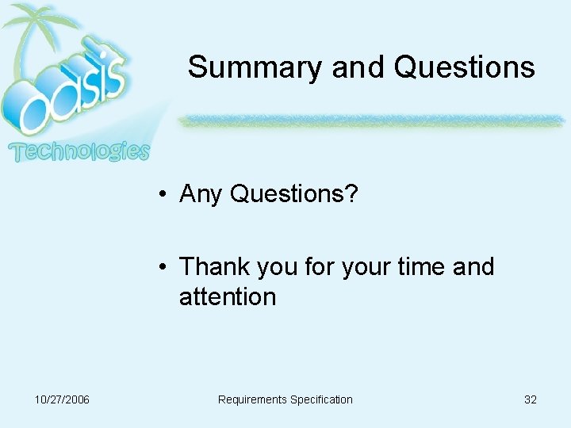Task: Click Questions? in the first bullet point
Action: pyautogui.click(x=294, y=193)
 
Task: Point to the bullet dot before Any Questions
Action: pyautogui.click(x=161, y=194)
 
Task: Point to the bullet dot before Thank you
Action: pyautogui.click(x=161, y=268)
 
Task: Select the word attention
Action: pyautogui.click(x=228, y=297)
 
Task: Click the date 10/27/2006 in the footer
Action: pyautogui.click(x=63, y=399)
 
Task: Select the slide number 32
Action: pyautogui.click(x=531, y=399)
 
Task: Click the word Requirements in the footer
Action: pyautogui.click(x=252, y=399)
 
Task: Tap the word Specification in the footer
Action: pyautogui.click(x=321, y=399)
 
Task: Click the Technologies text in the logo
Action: pyautogui.click(x=79, y=151)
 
